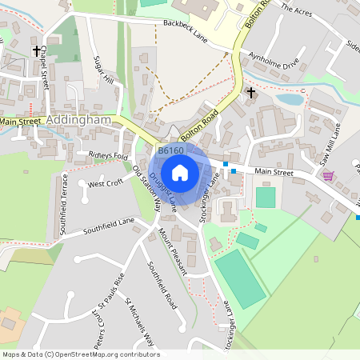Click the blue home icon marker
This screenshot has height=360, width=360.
point(180,173)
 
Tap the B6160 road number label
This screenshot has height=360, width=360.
point(170,150)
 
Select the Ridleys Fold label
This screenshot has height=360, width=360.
point(108,155)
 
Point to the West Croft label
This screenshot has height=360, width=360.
point(106,183)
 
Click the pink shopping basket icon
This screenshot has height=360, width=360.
point(328,176)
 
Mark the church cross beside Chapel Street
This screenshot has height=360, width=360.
point(37,50)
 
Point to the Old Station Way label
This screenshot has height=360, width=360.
point(146,189)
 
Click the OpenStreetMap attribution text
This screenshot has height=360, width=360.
point(81,354)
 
